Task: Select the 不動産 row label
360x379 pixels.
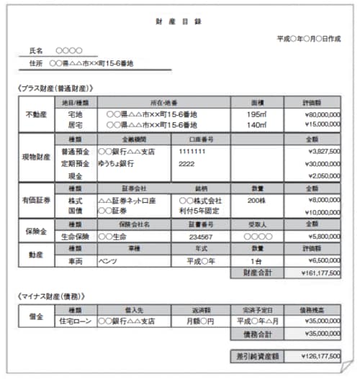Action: point(36,114)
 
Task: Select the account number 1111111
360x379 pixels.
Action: point(192,152)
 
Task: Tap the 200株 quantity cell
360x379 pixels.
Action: point(256,201)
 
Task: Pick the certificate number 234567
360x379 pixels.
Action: point(199,236)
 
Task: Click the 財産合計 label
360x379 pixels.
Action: point(256,273)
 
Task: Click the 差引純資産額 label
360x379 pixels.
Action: point(256,356)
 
